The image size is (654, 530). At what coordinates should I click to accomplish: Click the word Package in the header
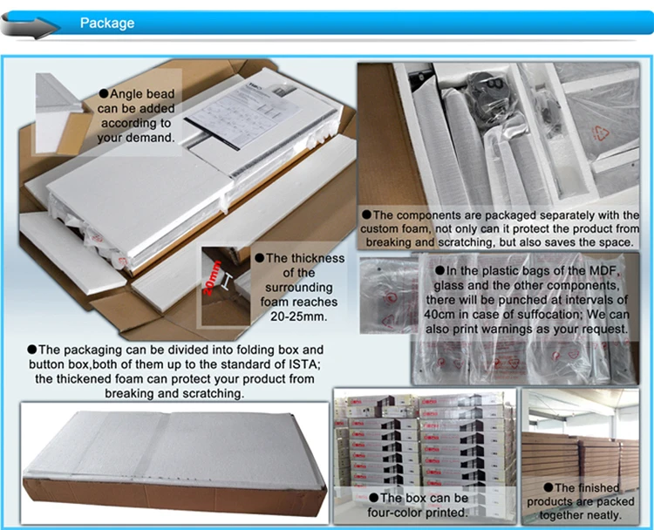coord(107,23)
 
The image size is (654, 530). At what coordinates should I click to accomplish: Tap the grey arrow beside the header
coord(29,26)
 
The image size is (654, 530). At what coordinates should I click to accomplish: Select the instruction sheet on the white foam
coord(244,115)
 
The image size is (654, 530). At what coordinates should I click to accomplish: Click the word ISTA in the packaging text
coord(304,364)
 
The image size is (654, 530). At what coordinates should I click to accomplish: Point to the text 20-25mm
coord(298,316)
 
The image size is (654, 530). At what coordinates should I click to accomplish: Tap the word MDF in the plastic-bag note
coord(603,271)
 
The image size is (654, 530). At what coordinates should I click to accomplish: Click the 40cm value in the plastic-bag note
coord(437,315)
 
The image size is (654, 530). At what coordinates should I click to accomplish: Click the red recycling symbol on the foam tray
coord(601,134)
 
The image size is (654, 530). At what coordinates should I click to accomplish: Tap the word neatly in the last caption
coord(602,515)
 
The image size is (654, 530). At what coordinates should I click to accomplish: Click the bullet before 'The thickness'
coord(260,258)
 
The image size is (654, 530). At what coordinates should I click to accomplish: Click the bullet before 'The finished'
coord(548,487)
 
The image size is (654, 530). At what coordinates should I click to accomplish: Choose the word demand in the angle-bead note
coord(153,138)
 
